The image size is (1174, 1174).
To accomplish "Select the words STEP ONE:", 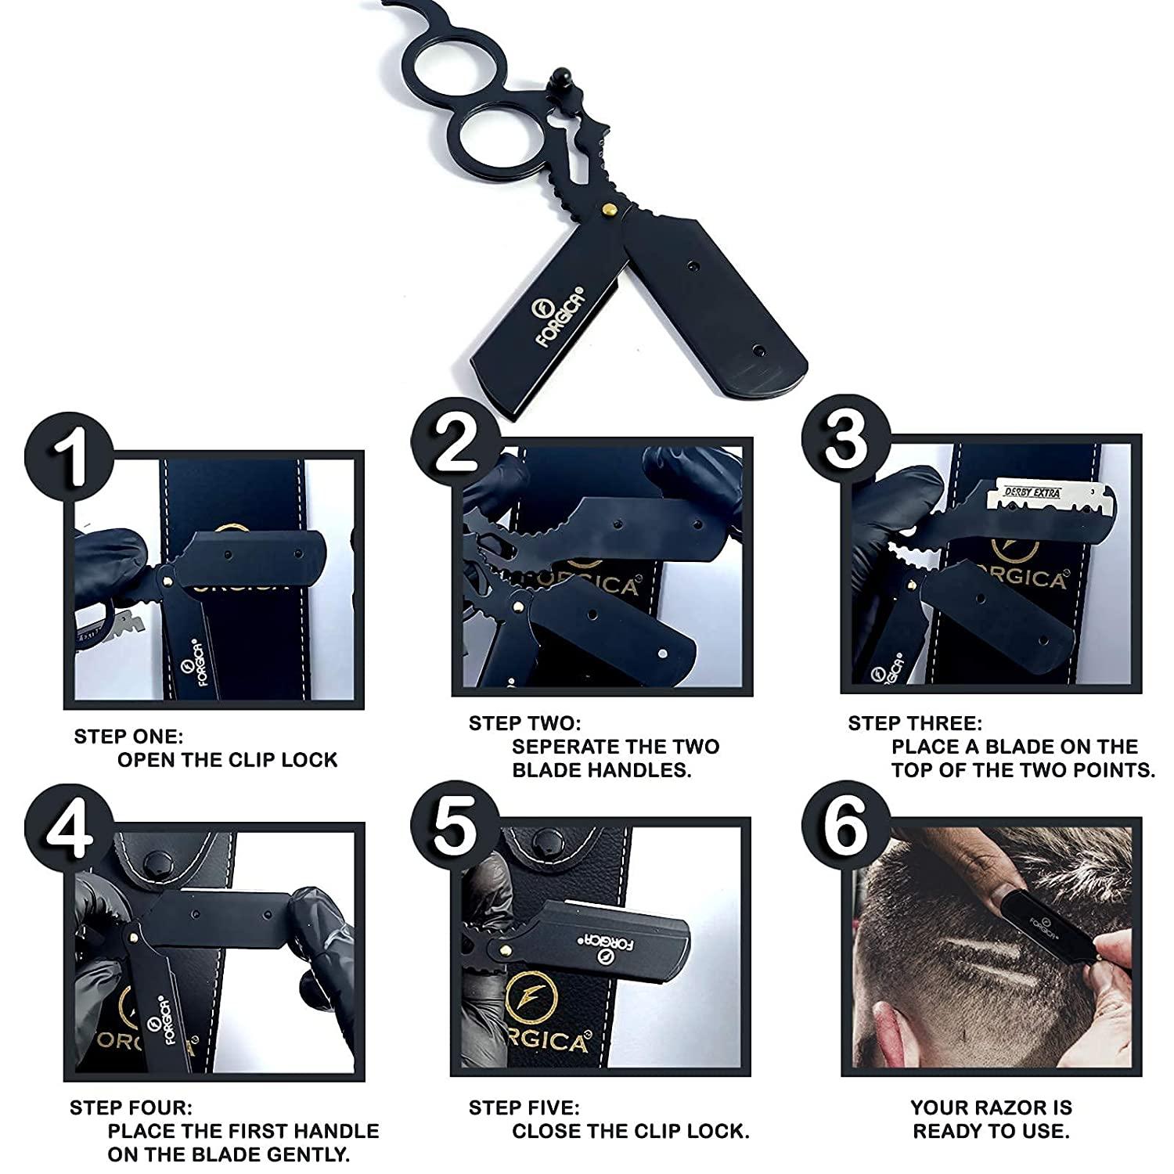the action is click(x=128, y=736).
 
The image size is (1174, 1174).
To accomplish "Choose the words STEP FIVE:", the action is click(x=524, y=1107).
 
